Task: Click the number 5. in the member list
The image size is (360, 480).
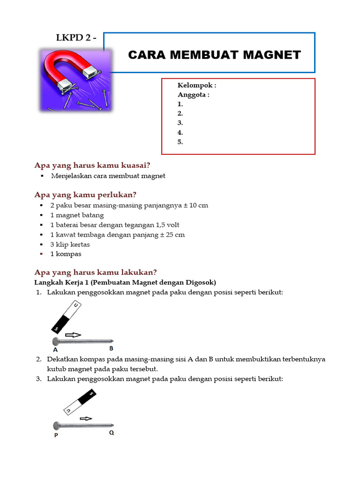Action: tap(180, 142)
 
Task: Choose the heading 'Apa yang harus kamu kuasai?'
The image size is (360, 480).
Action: tap(92, 165)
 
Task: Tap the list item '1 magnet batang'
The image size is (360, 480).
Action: tap(77, 215)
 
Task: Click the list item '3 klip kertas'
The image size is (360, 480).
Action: tap(70, 244)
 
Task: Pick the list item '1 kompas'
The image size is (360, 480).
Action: tap(66, 254)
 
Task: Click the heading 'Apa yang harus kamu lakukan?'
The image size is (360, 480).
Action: tap(96, 272)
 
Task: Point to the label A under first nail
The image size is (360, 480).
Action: tap(55, 350)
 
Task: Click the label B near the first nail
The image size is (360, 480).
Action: tap(111, 348)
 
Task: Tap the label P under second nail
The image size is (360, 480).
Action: tap(56, 435)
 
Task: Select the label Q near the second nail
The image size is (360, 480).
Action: tap(112, 433)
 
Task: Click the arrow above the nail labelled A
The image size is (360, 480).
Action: tap(73, 335)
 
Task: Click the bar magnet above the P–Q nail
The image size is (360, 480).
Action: tap(79, 403)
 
